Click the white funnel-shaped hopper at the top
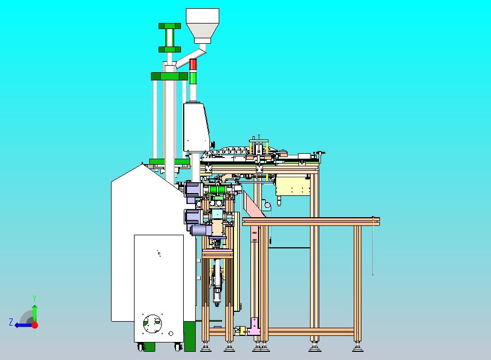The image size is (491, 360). point(202,25)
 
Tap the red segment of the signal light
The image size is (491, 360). point(193,64)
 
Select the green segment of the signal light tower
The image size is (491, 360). point(193,78)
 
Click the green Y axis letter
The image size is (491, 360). point(34,298)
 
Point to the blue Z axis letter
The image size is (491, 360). point(11,322)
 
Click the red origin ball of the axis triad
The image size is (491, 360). point(35,325)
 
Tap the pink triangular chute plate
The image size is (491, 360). point(254,205)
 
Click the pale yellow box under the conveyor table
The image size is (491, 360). point(293,185)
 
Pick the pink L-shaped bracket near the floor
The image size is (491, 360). point(254,327)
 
